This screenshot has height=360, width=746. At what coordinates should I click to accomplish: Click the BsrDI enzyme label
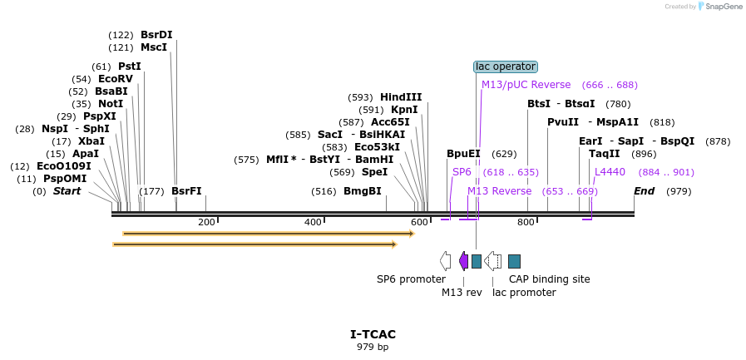click(156, 35)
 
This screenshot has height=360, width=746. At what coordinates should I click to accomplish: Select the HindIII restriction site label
click(401, 97)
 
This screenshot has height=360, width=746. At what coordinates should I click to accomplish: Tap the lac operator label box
click(506, 67)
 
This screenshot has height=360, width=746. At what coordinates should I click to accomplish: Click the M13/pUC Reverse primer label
click(526, 85)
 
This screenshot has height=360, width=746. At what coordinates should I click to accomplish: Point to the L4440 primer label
click(610, 172)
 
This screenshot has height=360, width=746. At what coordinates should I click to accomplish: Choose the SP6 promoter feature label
click(411, 279)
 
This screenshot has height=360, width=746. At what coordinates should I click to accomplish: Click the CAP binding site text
click(549, 279)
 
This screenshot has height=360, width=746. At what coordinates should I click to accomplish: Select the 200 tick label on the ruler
click(206, 222)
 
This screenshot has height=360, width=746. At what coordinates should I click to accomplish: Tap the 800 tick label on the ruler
click(526, 222)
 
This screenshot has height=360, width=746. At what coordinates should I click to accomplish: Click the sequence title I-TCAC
click(373, 334)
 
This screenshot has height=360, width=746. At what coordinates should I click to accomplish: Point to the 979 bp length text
click(373, 347)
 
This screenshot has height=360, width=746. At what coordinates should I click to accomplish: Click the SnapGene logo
click(720, 7)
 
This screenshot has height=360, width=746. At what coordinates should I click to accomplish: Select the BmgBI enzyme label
click(363, 191)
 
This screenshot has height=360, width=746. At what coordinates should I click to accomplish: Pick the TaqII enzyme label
click(604, 154)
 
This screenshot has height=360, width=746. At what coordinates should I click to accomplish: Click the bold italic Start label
click(67, 191)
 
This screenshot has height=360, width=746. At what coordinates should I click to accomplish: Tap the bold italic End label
click(644, 191)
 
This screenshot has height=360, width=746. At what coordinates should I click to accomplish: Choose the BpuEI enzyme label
click(463, 154)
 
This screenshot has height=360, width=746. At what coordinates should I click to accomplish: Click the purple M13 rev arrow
click(463, 261)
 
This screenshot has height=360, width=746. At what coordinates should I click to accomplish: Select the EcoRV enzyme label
click(115, 79)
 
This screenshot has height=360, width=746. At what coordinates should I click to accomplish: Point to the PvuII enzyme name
click(563, 122)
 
